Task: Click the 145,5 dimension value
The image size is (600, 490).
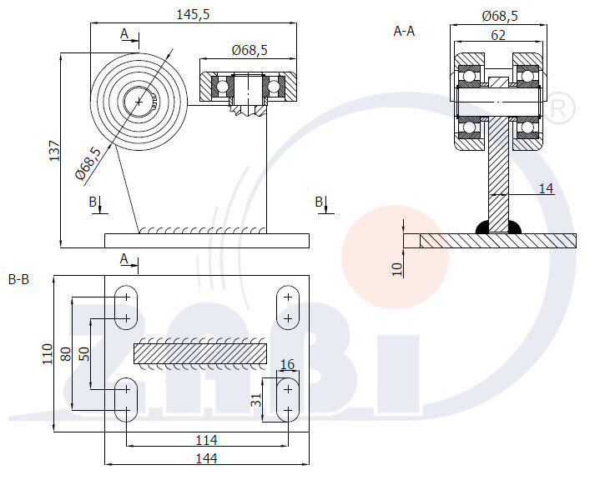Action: pyautogui.click(x=193, y=14)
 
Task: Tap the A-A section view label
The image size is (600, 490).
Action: pyautogui.click(x=404, y=31)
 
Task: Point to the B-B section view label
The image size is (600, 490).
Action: pyautogui.click(x=18, y=279)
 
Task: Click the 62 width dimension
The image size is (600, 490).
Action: pyautogui.click(x=497, y=34)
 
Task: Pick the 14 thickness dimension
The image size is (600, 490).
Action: pyautogui.click(x=546, y=188)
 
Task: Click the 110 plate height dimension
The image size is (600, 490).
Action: pyautogui.click(x=48, y=354)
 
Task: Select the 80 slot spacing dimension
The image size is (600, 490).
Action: pyautogui.click(x=67, y=353)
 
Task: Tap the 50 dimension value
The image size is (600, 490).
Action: pyautogui.click(x=84, y=353)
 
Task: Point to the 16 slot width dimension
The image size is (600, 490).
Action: pyautogui.click(x=288, y=364)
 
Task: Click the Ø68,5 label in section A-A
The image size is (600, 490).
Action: pyautogui.click(x=500, y=15)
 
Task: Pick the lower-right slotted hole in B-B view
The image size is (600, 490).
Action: pyautogui.click(x=288, y=399)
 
